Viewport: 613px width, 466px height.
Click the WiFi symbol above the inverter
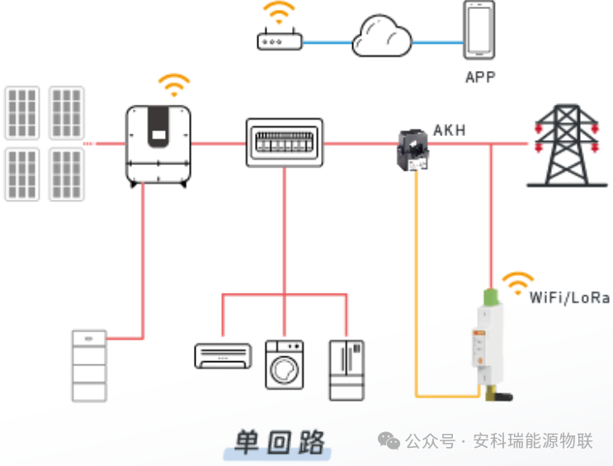coord(174,85)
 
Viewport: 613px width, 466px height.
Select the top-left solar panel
coord(21,112)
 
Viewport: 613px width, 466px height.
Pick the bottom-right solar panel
coord(66,174)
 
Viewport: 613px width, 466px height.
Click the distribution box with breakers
coord(284,143)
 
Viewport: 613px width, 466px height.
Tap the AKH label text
coord(450,130)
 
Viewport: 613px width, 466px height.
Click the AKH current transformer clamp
coord(413,149)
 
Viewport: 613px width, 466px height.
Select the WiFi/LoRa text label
coord(569,298)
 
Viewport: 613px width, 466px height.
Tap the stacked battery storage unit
coord(89,365)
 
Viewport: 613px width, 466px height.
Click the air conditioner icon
coord(223,355)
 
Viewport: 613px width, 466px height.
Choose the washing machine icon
coord(284,364)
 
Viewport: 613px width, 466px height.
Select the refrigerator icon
coord(346,370)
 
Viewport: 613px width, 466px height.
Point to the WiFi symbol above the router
coord(279,12)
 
